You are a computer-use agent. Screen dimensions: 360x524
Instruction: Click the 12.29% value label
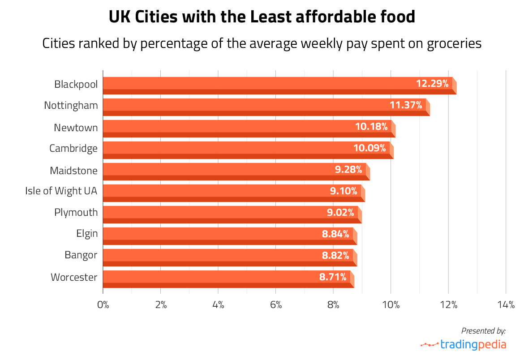tap(432, 83)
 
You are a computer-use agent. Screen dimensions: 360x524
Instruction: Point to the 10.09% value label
tap(369, 148)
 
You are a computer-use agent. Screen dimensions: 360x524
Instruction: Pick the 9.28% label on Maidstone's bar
tap(348, 169)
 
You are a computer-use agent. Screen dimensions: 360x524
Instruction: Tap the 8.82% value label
tap(335, 255)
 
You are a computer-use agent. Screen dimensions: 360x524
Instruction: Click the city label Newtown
tap(76, 128)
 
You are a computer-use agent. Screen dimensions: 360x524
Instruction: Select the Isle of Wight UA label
tap(61, 191)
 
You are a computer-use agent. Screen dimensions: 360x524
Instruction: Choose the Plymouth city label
tap(76, 212)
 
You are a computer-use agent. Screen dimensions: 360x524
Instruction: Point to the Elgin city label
tap(87, 234)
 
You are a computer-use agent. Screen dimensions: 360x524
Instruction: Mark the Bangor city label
tap(81, 255)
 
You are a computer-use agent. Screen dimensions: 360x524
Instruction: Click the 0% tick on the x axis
tap(103, 305)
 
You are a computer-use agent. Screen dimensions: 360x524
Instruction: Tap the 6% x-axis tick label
tap(276, 305)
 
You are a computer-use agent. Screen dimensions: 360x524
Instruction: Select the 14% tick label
tap(506, 305)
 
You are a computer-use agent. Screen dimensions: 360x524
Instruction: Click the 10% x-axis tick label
tap(391, 305)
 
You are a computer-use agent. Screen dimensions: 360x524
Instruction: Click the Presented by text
tap(483, 331)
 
